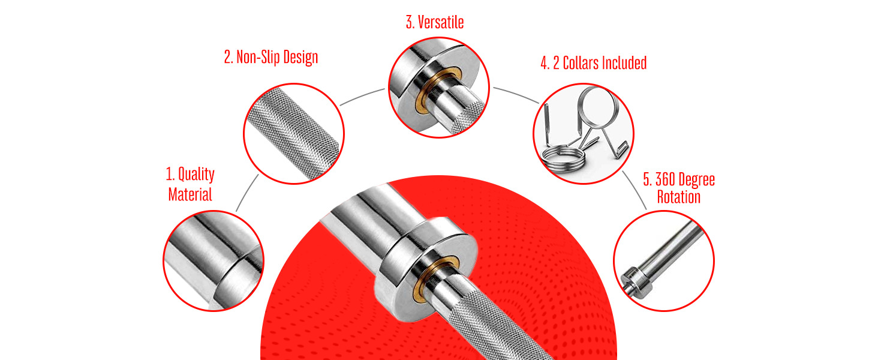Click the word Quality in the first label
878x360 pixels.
coord(197,175)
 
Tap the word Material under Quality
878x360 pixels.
coord(190,194)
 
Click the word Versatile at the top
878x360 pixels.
coord(441,23)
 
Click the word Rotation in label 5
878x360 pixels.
coord(678,197)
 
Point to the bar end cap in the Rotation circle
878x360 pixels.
coord(634,281)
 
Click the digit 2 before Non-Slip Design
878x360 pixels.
coord(227,58)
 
